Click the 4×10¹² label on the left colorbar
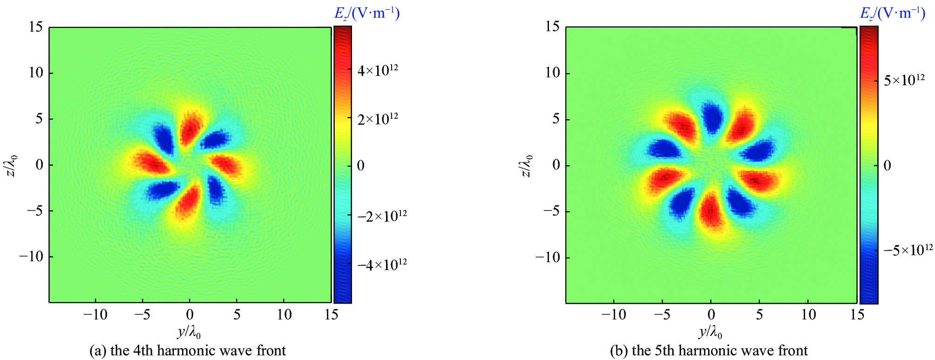[x=378, y=70]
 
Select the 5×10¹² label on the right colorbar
[x=904, y=80]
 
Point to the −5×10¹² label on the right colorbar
[x=908, y=250]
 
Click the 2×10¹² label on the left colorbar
[x=378, y=119]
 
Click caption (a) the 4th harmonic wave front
[x=188, y=350]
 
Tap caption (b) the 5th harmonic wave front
[x=709, y=350]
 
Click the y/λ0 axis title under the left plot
[x=189, y=333]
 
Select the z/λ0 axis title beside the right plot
[x=527, y=166]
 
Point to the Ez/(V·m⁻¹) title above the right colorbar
[x=892, y=13]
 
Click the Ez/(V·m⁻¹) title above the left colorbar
[x=367, y=13]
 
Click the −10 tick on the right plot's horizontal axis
[x=613, y=315]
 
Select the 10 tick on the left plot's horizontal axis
[x=284, y=315]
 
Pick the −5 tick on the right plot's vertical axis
[x=552, y=211]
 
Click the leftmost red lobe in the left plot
[x=151, y=162]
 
